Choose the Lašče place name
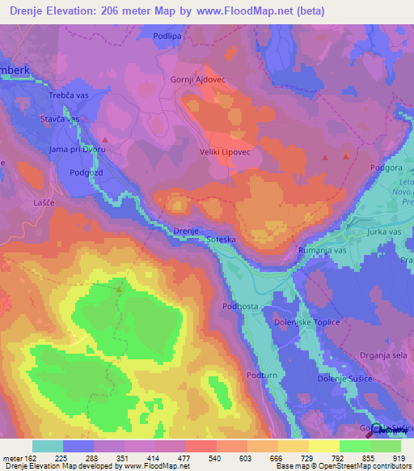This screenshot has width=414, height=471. [43, 201]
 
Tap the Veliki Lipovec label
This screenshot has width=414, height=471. [222, 152]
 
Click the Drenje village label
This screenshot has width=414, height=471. [186, 231]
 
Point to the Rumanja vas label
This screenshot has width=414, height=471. [322, 251]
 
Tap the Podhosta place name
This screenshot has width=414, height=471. [239, 307]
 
